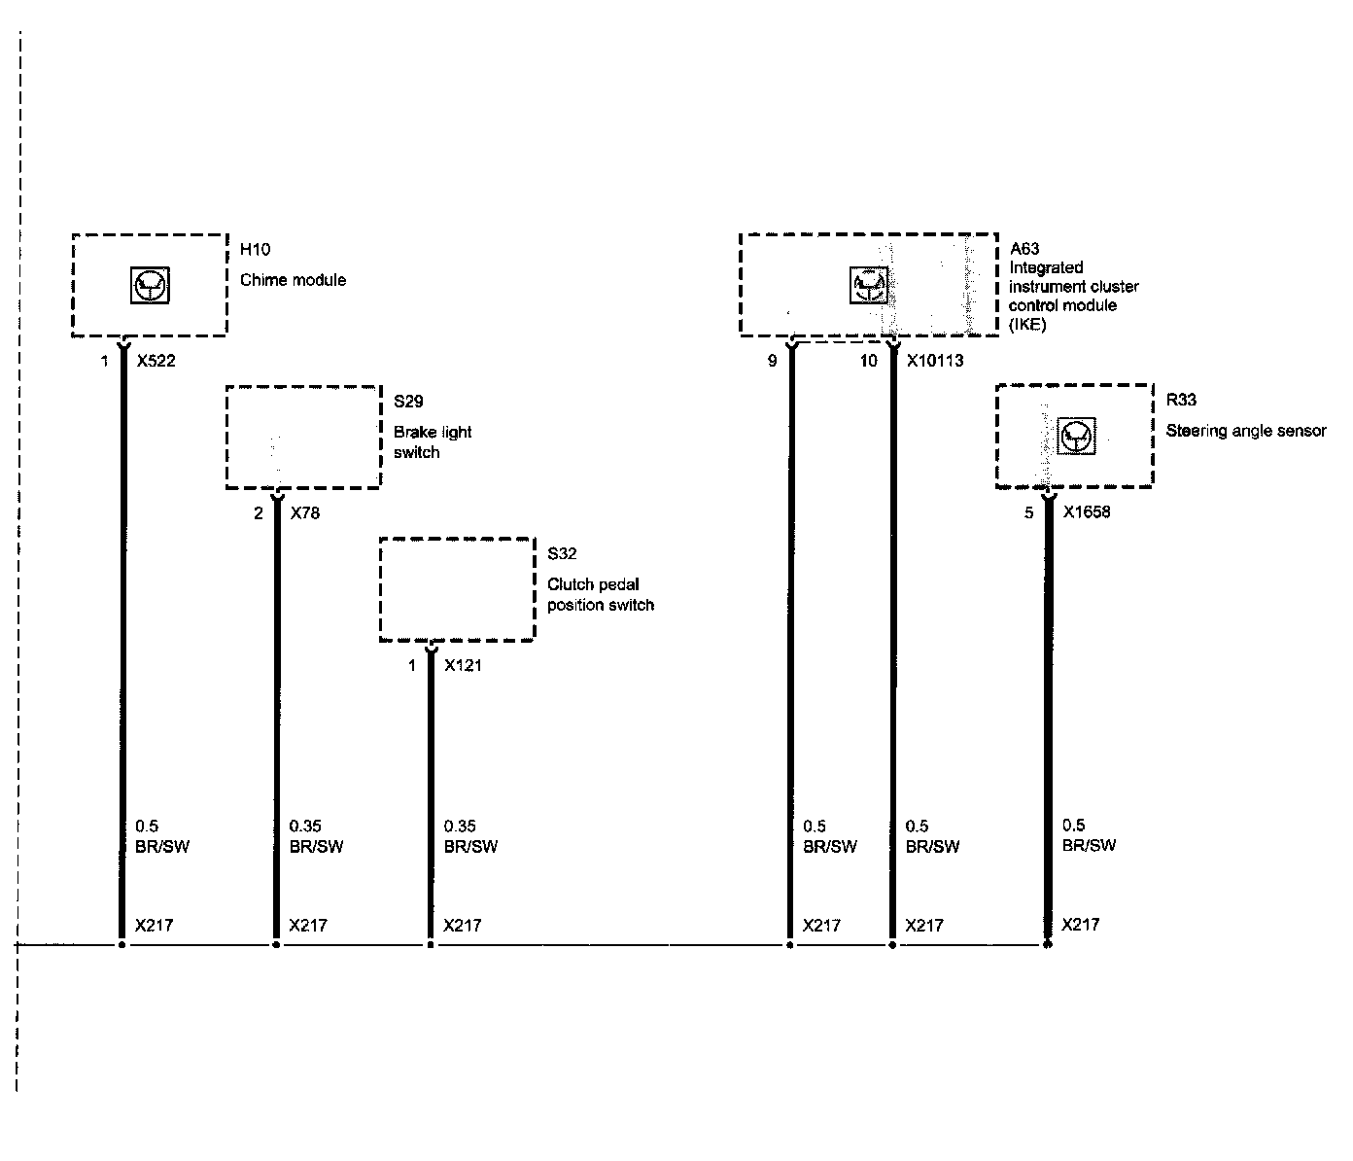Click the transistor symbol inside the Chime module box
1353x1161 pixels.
tap(150, 285)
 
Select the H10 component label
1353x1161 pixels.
tap(255, 250)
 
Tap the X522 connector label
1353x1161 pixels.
tap(156, 361)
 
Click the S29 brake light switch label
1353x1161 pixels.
tap(408, 402)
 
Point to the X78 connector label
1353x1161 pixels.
tap(304, 513)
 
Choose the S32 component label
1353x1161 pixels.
tap(562, 554)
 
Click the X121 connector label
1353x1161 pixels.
tap(463, 666)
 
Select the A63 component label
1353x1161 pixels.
tap(1024, 249)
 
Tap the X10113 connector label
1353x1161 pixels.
tap(935, 361)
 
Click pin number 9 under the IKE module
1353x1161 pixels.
tap(772, 361)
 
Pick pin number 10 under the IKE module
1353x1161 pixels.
tap(868, 361)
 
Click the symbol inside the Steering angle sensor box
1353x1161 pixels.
tap(1076, 437)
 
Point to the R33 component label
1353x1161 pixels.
tap(1181, 401)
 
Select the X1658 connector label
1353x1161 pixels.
tap(1087, 512)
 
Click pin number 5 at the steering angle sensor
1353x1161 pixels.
tap(1029, 513)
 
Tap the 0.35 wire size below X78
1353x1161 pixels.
tap(305, 827)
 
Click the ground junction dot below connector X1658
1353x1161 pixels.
tap(1047, 944)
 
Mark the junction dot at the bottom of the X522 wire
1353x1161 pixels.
tap(121, 944)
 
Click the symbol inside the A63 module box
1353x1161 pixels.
tap(868, 285)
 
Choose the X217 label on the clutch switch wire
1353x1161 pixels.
tap(462, 926)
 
